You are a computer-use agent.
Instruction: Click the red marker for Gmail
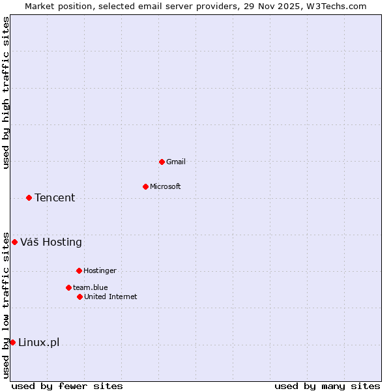pos(162,162)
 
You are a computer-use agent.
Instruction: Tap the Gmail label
pos(176,162)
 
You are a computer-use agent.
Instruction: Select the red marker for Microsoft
pos(145,186)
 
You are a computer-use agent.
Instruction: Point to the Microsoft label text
pos(166,186)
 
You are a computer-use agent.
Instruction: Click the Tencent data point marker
pos(29,197)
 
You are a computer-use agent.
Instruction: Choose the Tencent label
pos(55,198)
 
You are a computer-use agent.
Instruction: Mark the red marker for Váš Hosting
pos(14,242)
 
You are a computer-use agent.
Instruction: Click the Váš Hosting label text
pos(51,242)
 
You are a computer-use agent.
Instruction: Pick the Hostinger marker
pos(79,270)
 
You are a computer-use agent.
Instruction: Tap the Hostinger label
pos(100,270)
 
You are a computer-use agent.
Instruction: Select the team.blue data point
pos(68,287)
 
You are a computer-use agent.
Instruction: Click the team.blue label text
pos(91,287)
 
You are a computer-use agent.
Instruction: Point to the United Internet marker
pos(80,297)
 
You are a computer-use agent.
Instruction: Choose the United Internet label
pos(111,297)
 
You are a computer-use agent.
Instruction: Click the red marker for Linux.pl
pos(12,342)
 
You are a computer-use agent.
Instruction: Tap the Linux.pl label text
pos(38,343)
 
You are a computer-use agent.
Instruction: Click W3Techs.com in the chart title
pos(336,7)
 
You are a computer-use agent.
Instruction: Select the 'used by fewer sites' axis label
pos(67,386)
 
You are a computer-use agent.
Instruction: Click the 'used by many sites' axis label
pos(327,386)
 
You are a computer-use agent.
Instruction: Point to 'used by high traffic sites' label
pos(7,93)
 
